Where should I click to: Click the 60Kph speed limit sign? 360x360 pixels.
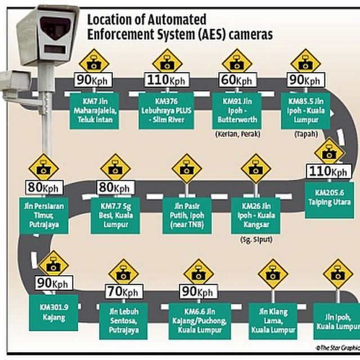pyautogui.click(x=236, y=81)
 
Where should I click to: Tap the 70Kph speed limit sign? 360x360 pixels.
pyautogui.click(x=123, y=292)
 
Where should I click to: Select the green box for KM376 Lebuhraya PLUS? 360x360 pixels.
pyautogui.click(x=167, y=110)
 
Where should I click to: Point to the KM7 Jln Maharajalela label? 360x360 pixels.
pyautogui.click(x=94, y=110)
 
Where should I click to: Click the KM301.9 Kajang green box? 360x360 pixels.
pyautogui.click(x=53, y=313)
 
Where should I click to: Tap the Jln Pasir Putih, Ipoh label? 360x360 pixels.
pyautogui.click(x=186, y=214)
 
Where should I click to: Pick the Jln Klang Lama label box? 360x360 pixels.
pyautogui.click(x=273, y=320)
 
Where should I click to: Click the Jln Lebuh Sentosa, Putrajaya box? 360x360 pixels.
pyautogui.click(x=124, y=320)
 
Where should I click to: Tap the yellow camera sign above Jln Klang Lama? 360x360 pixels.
pyautogui.click(x=273, y=274)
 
